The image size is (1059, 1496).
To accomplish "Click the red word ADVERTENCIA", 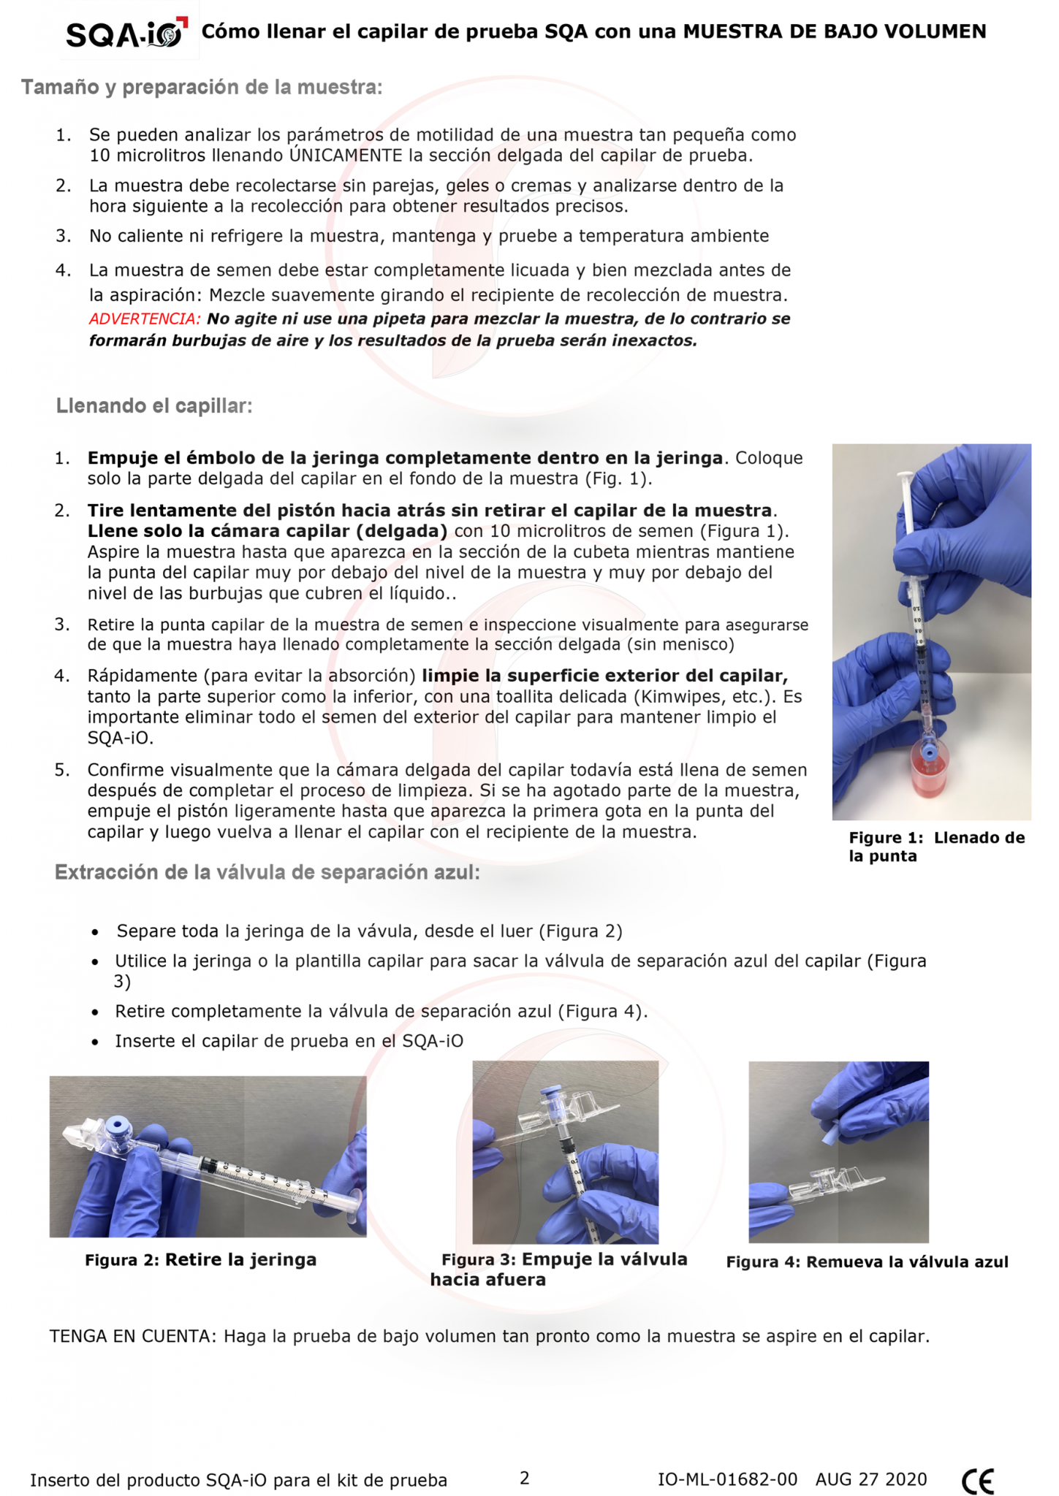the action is pos(145,319).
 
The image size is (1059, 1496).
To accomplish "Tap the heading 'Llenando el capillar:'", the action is pos(154,406).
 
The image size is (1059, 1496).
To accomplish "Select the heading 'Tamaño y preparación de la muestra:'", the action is pos(202,88).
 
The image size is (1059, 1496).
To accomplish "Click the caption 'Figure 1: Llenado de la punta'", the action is pos(936,847).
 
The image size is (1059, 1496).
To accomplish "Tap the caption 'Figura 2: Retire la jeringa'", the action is pos(200,1260).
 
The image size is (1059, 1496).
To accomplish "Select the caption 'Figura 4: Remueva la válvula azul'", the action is pos(867,1262).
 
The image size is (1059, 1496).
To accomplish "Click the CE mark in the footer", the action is pos(977,1480).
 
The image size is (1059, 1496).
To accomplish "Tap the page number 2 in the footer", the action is pos(524,1478).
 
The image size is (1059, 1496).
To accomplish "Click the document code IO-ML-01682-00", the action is pos(727,1480).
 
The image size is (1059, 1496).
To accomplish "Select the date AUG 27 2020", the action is pos(871,1480).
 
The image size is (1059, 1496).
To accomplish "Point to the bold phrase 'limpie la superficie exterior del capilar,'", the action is pos(604,676).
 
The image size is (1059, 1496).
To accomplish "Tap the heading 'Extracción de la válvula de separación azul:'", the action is pos(267,873).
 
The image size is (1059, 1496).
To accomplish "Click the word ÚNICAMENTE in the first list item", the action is pos(346,155).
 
